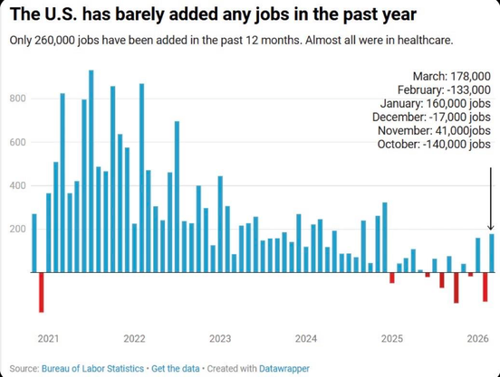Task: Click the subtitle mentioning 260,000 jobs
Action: point(231,42)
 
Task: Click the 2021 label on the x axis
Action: point(49,338)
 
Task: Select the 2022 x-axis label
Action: point(135,338)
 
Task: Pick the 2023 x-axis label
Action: point(220,338)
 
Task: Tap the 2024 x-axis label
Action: point(306,338)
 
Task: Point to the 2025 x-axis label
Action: point(392,338)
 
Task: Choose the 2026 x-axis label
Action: point(477,338)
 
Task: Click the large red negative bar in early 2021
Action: point(41,292)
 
